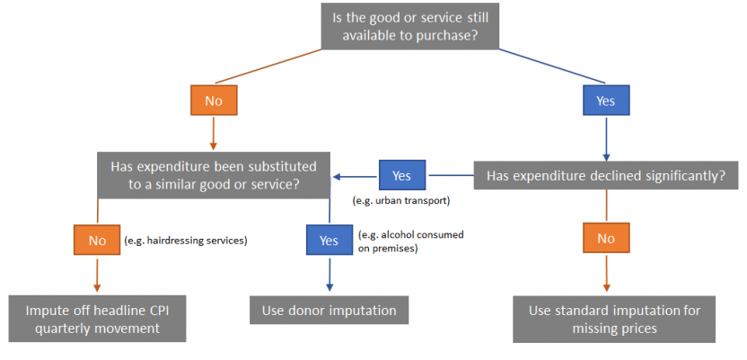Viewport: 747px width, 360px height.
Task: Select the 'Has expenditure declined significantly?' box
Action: [x=605, y=176]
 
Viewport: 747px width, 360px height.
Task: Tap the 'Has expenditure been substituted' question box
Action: [x=213, y=175]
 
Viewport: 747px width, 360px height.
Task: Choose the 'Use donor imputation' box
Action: [x=329, y=311]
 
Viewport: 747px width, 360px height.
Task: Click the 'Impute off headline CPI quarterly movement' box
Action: [x=98, y=319]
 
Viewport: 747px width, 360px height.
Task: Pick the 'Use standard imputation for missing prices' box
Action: [x=615, y=320]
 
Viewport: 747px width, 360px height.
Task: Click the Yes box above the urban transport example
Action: [x=402, y=175]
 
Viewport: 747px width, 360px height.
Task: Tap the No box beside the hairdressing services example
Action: [x=97, y=240]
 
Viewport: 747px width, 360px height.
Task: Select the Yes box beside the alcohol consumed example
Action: [x=329, y=240]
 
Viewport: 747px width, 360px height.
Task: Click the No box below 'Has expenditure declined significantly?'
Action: [x=606, y=239]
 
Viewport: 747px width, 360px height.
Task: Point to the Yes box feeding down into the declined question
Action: [x=606, y=101]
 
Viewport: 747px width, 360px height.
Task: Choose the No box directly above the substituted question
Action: [x=214, y=101]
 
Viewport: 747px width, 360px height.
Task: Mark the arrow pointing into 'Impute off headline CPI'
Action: [x=97, y=274]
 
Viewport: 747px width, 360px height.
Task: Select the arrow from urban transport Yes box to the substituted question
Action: [x=356, y=176]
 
